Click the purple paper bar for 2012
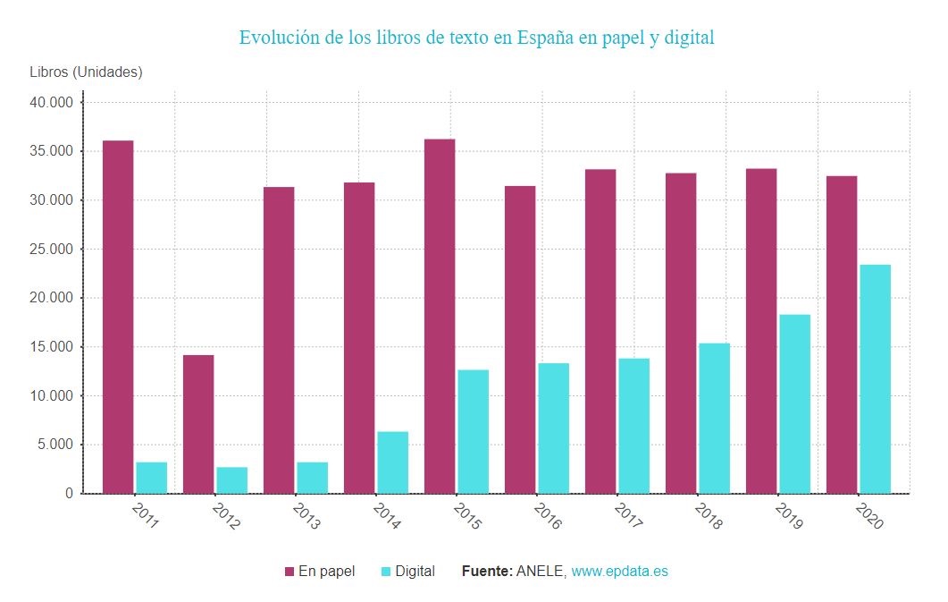click(198, 424)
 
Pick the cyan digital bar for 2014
click(392, 462)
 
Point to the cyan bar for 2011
click(151, 478)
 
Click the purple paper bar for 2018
click(681, 333)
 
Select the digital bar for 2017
click(633, 426)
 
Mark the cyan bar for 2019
click(794, 403)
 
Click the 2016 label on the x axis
click(548, 516)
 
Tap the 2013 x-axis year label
click(306, 516)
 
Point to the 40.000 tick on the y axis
click(52, 103)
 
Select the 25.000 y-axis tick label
click(52, 250)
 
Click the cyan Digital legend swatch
click(386, 572)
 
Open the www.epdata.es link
click(619, 572)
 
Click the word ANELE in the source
click(541, 572)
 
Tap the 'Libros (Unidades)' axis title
click(86, 72)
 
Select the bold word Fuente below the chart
click(486, 572)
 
